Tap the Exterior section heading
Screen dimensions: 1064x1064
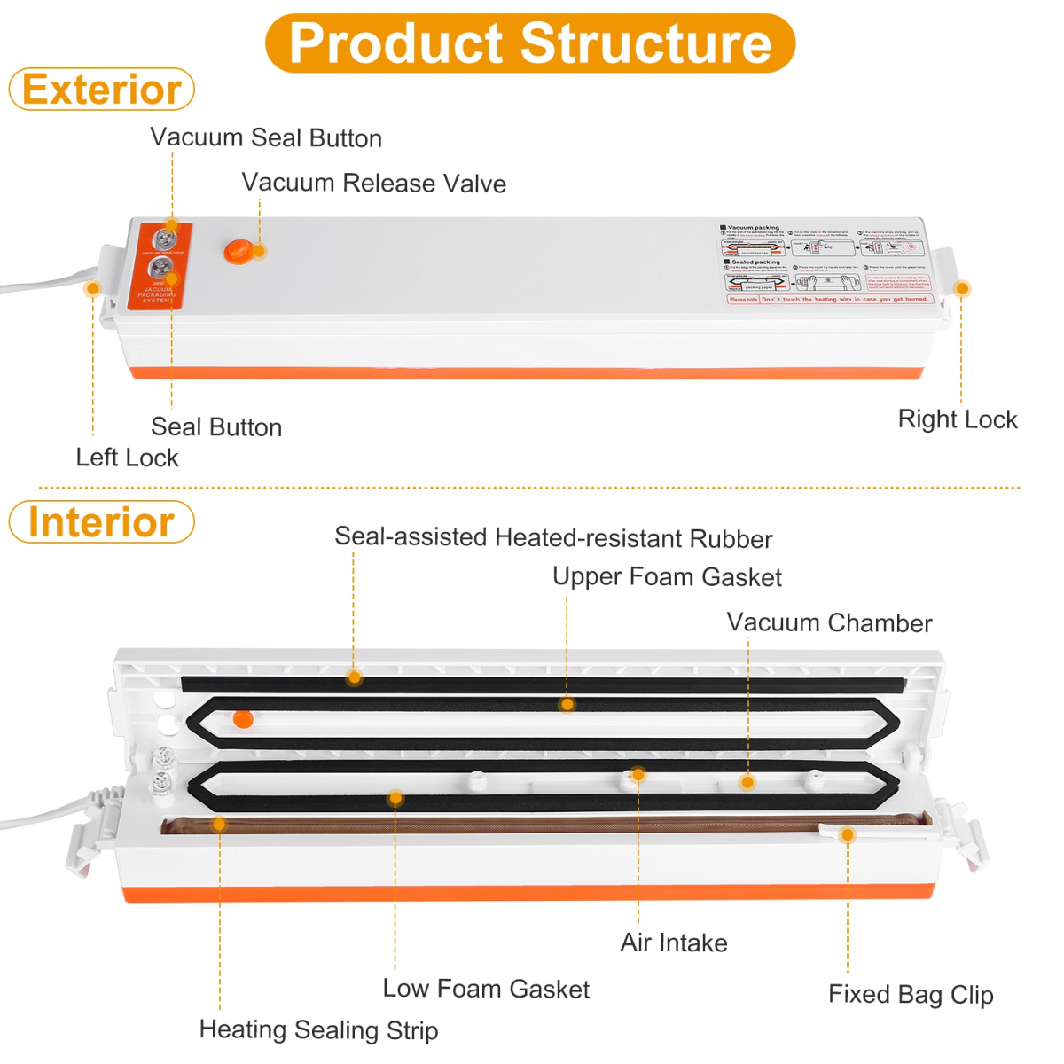(102, 90)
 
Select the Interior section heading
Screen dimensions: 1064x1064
(102, 521)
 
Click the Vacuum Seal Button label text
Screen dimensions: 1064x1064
(266, 137)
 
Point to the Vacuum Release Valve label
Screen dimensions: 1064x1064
(373, 183)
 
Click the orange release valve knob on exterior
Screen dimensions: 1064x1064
(238, 251)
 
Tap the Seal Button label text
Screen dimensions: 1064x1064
(216, 426)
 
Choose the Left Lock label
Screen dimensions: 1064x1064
(127, 457)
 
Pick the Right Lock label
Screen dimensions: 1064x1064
(958, 419)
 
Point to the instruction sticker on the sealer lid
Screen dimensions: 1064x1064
(826, 264)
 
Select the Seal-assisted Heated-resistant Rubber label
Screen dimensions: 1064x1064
(553, 537)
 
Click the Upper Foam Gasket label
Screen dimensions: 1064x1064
(667, 576)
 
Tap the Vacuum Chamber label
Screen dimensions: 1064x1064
(829, 622)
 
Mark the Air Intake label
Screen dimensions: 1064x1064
(674, 942)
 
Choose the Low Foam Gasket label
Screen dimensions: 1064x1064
(486, 988)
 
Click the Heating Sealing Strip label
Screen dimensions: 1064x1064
(318, 1029)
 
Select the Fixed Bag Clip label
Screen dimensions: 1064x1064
(911, 994)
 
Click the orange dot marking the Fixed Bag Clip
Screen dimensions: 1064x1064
(848, 834)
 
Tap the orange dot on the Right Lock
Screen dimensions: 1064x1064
(962, 288)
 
